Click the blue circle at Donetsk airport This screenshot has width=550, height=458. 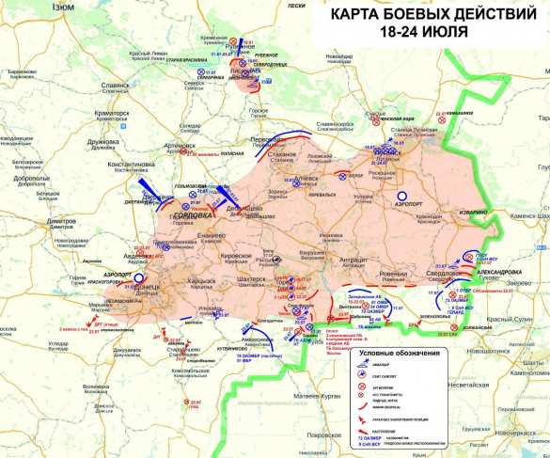(x=139, y=278)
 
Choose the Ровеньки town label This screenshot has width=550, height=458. (x=416, y=263)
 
